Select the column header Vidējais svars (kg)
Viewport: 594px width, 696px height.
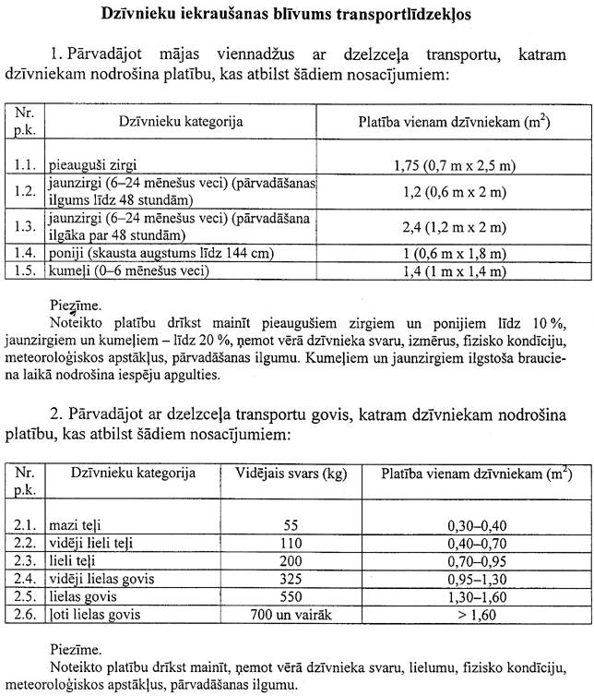pos(289,474)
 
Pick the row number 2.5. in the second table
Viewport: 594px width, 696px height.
pos(24,596)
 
